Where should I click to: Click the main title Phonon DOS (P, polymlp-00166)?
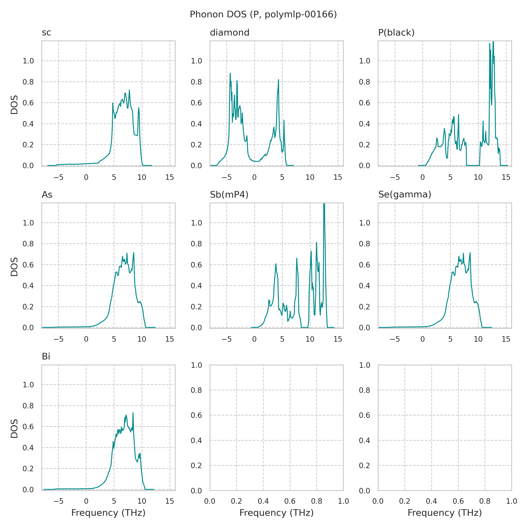pos(263,14)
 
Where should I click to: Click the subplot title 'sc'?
pos(46,33)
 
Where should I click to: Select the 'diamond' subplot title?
pos(229,33)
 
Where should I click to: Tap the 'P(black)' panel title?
pos(396,33)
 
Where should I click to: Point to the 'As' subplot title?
pos(47,195)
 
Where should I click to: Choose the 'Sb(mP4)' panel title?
pos(229,195)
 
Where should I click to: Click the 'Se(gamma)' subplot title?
pos(404,195)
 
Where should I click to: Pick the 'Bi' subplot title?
pos(46,357)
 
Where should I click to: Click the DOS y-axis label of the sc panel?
pos(14,105)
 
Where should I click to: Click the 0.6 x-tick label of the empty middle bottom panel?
pos(290,501)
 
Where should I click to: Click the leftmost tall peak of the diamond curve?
pos(230,74)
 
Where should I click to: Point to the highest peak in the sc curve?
pos(129,90)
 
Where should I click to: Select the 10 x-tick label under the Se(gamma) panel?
pos(478,339)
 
